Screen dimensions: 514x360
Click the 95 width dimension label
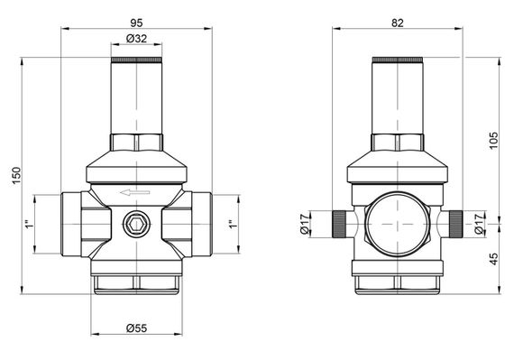[136, 23]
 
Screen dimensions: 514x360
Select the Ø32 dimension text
[136, 39]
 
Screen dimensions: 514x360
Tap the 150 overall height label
[16, 175]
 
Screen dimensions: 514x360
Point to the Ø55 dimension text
[136, 328]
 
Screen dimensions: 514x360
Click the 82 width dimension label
[398, 23]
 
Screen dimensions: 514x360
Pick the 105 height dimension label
[493, 141]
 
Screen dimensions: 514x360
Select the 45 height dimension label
[493, 259]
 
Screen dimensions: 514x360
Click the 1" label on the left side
[30, 225]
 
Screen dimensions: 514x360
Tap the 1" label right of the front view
[233, 225]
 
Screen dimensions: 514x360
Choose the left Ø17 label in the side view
[305, 224]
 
